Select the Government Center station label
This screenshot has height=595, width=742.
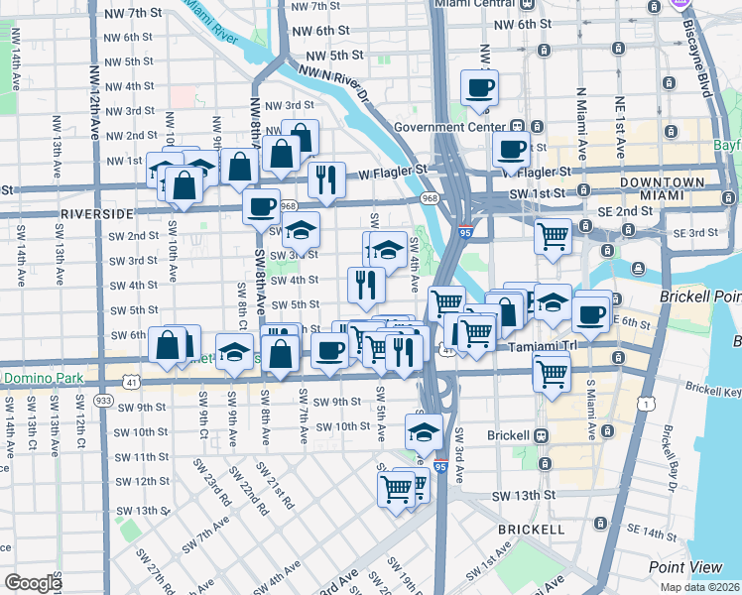click(449, 127)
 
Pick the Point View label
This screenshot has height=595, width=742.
click(685, 566)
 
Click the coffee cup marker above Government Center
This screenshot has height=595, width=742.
click(478, 87)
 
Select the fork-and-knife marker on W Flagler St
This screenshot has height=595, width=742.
click(325, 179)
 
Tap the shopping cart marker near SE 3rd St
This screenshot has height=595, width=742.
click(553, 236)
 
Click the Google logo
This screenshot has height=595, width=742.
click(33, 583)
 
